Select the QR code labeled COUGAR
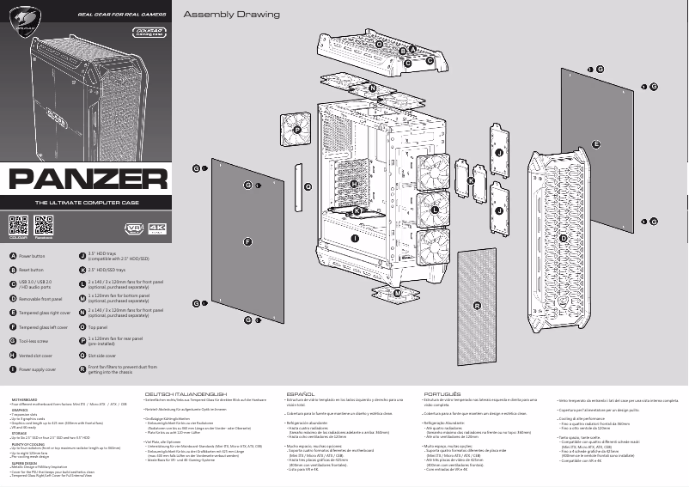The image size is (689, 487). click(x=18, y=227)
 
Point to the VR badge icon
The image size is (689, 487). click(x=134, y=228)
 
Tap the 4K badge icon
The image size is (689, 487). click(x=156, y=228)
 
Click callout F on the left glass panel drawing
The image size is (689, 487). click(x=247, y=242)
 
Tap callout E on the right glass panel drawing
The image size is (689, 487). click(x=595, y=145)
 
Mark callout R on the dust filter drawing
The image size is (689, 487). click(x=477, y=306)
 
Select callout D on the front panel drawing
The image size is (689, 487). click(x=564, y=238)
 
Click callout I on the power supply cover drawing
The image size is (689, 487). click(x=354, y=237)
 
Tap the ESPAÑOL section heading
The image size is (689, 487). click(x=300, y=394)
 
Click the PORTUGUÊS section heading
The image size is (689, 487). click(x=442, y=394)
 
